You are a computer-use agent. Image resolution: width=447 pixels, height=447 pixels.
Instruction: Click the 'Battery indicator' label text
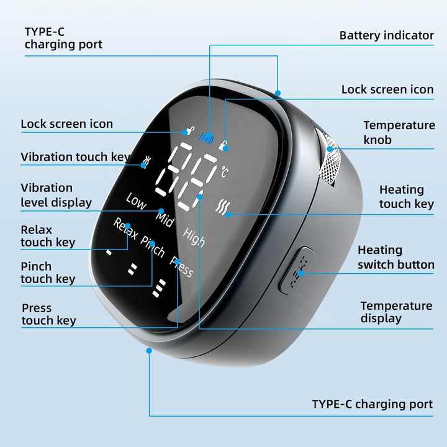tap(386, 35)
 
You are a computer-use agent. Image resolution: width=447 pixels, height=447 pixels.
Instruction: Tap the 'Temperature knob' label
tap(399, 132)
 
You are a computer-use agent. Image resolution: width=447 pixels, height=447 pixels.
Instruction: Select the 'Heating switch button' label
tap(395, 257)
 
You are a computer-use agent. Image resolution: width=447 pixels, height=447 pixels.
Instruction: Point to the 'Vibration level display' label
tap(56, 195)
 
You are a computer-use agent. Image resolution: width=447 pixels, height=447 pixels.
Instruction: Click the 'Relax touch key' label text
tap(48, 236)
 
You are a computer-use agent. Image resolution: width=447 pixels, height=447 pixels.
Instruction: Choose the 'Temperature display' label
tap(396, 312)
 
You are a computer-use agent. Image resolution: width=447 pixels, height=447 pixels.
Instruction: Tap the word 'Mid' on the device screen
tap(165, 219)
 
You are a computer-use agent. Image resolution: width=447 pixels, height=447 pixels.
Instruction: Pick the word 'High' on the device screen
tap(194, 237)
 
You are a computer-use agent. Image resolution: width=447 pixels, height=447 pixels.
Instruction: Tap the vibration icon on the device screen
tap(147, 161)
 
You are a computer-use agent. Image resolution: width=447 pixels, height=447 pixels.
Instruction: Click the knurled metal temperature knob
tap(330, 163)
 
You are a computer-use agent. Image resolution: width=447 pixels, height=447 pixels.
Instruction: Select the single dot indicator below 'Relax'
tap(109, 253)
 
